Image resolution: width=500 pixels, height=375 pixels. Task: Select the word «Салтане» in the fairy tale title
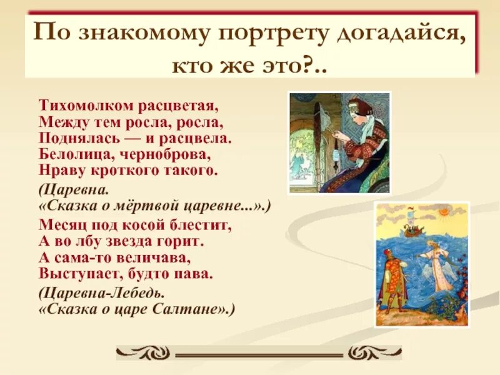point(195,309)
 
